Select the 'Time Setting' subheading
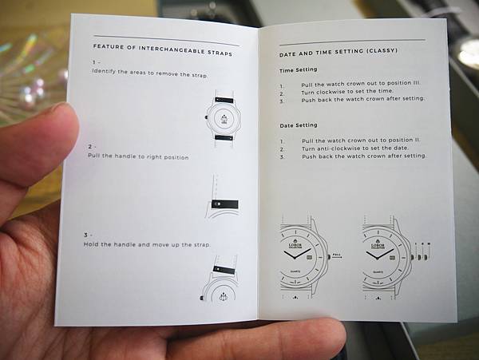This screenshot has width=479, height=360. (x=298, y=70)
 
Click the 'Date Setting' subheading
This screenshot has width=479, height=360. (x=299, y=125)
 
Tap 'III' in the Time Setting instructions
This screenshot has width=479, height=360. (x=417, y=82)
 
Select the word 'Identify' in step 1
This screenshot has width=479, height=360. (x=104, y=72)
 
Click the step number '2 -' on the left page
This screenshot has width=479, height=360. (x=90, y=147)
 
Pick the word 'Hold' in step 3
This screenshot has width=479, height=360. (x=91, y=244)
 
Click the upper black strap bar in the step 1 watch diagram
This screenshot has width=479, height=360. (x=224, y=100)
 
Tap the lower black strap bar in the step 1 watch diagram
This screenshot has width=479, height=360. (x=224, y=138)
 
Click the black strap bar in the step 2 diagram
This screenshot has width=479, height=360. (x=225, y=204)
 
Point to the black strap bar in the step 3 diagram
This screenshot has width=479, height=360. (x=224, y=271)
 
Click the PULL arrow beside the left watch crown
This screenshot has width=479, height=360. (x=337, y=257)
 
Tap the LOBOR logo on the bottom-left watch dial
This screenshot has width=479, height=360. (x=295, y=243)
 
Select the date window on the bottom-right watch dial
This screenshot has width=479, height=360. (x=392, y=258)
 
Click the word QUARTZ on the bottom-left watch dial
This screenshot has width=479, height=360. (x=295, y=271)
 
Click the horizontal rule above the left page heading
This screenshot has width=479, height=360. (x=167, y=41)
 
